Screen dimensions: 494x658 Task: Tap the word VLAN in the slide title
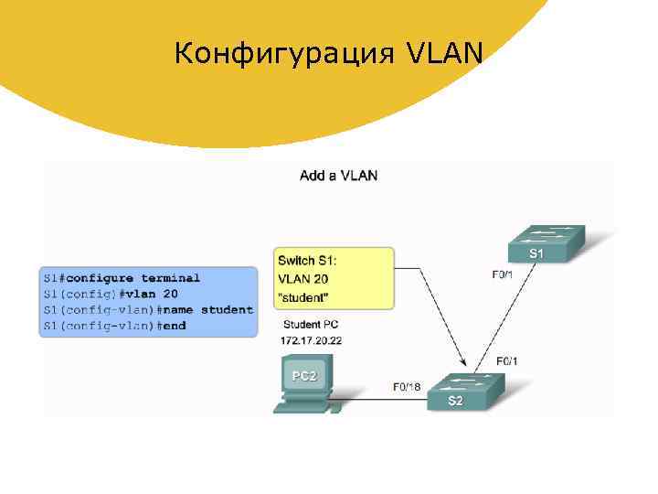coord(441,56)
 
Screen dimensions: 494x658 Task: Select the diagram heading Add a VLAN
coord(338,176)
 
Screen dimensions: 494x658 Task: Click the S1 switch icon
coord(546,242)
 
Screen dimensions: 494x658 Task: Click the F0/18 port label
coord(407,386)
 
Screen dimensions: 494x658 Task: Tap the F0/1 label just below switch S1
coord(503,274)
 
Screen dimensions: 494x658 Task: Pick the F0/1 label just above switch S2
coord(507,361)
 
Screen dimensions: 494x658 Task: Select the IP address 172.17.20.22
coord(312,340)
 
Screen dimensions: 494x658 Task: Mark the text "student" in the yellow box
coord(303,296)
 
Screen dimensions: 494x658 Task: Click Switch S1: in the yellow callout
coord(309,262)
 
